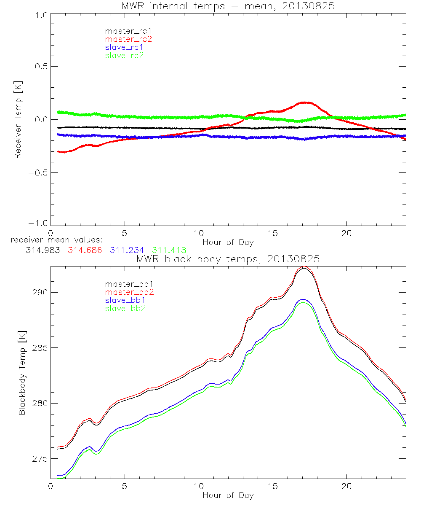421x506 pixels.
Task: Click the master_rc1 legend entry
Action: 125,31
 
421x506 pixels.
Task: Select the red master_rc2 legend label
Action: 128,39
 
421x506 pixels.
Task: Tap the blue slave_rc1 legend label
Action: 124,47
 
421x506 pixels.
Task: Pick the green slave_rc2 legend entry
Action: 124,55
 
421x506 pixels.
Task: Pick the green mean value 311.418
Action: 169,250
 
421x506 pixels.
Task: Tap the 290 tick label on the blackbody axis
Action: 38,292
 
